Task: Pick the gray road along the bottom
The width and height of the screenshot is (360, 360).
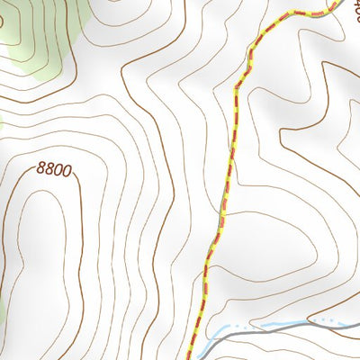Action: point(270,331)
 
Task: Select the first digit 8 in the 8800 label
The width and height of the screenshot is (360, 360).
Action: point(41,168)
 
